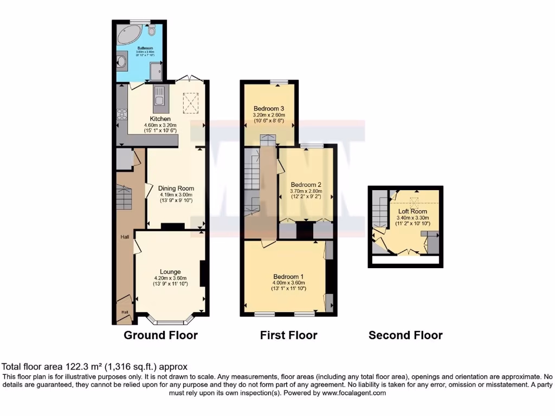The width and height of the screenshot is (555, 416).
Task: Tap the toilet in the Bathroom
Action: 151,30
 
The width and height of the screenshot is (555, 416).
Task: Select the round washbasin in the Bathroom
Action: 122,62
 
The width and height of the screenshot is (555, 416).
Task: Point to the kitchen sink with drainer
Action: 159,96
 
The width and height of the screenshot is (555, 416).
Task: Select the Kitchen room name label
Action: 160,119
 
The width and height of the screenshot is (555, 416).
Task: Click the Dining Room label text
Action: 176,188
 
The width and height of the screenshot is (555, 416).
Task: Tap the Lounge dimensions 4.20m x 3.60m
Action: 170,278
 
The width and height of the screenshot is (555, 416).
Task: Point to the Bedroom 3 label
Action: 269,108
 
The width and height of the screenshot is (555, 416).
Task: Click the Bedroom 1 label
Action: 288,276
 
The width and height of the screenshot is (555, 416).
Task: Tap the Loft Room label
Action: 413,211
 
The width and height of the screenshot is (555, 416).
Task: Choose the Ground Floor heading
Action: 160,335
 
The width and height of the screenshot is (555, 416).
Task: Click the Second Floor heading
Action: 405,335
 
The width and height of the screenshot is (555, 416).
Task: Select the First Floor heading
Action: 288,335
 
